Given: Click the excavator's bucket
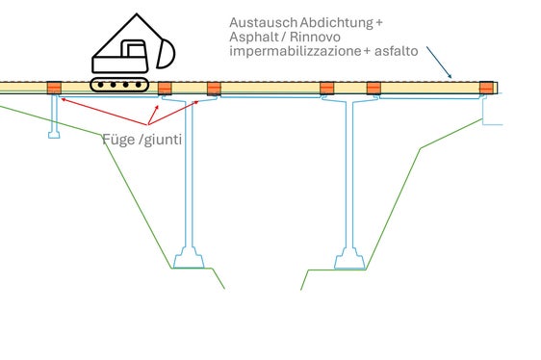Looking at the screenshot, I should (x=163, y=54).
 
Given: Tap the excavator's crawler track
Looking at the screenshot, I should (x=119, y=85).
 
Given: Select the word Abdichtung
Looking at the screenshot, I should (x=332, y=22).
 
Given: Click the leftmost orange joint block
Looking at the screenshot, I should (x=54, y=90).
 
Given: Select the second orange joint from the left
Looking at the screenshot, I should (x=165, y=90).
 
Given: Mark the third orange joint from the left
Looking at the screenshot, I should (x=214, y=90).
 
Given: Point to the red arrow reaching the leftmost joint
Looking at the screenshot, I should (x=87, y=109).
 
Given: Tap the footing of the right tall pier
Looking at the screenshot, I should (x=349, y=258).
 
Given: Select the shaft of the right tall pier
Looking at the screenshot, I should (x=349, y=173).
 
